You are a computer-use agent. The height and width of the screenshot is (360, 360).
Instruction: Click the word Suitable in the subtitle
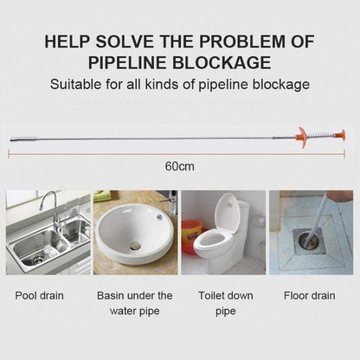click(76, 86)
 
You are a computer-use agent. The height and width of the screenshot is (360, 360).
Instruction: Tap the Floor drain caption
click(310, 296)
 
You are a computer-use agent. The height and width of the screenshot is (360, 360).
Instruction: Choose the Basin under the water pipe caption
click(134, 303)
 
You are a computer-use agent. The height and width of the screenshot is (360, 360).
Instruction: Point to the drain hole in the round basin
click(134, 247)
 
